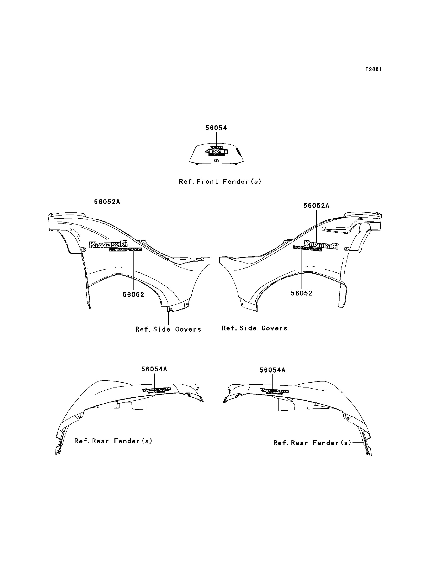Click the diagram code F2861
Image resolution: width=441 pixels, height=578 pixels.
[373, 69]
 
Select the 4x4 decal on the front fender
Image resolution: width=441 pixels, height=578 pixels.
[217, 152]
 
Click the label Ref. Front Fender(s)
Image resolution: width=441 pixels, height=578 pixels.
[220, 182]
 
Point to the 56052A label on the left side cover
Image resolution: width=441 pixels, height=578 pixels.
[107, 202]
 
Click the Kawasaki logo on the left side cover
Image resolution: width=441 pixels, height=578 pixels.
[108, 244]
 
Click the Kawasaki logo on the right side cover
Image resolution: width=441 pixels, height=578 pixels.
[321, 244]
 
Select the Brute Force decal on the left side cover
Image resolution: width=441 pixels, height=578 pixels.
[126, 250]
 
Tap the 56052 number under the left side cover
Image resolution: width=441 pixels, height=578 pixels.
[134, 295]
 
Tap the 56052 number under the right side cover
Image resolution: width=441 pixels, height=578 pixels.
[302, 293]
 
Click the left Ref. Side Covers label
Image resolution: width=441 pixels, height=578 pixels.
[168, 329]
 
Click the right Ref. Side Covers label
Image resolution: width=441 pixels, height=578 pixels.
[254, 328]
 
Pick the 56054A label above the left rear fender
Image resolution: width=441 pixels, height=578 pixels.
[154, 369]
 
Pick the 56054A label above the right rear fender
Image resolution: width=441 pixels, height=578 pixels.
[272, 370]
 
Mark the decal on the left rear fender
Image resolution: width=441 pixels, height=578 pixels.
[157, 390]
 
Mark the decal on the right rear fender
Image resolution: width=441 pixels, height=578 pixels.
[274, 391]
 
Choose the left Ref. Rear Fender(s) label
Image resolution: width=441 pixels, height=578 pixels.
[113, 441]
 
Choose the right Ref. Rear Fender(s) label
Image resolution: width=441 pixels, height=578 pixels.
[312, 443]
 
